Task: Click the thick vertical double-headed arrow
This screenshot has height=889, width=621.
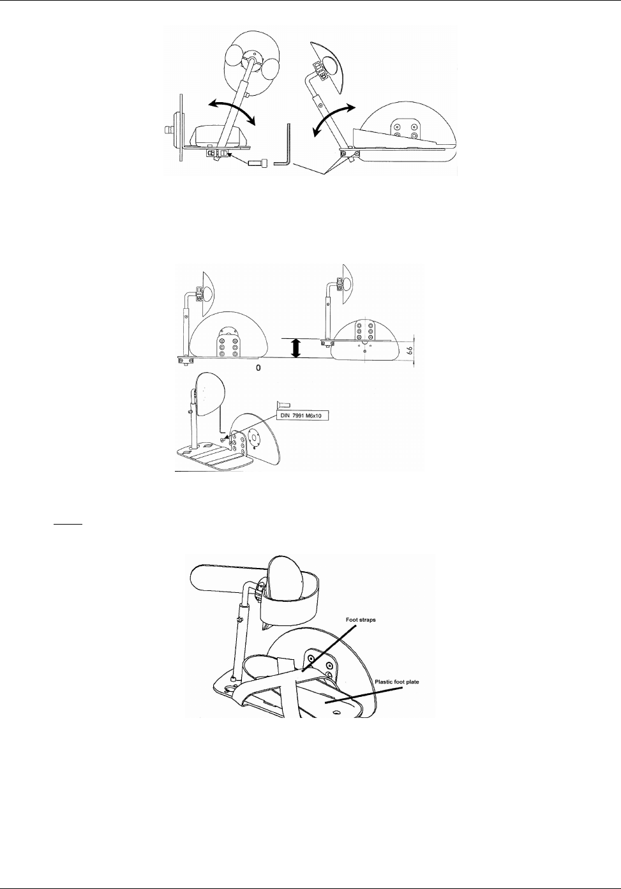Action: point(296,348)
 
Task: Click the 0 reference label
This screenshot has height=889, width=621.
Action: point(258,369)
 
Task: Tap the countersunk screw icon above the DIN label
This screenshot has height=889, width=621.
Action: point(284,403)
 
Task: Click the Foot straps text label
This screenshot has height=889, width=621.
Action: point(361,620)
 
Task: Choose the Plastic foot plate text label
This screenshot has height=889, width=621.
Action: point(397,682)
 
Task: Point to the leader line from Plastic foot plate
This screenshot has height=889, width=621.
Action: point(364,694)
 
